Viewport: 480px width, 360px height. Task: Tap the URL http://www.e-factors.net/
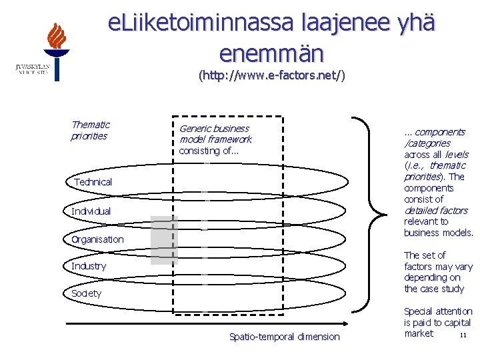(271, 76)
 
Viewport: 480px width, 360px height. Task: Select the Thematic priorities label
(90, 130)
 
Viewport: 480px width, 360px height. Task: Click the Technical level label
(93, 182)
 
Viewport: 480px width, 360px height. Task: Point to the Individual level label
(91, 211)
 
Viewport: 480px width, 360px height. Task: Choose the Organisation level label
(98, 239)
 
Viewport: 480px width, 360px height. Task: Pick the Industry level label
(89, 266)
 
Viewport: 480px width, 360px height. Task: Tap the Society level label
(87, 293)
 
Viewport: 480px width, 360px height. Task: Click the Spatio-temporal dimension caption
(284, 337)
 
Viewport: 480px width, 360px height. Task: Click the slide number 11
(462, 335)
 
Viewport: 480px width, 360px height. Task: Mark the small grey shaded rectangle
(163, 240)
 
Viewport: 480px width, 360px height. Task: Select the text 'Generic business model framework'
(215, 134)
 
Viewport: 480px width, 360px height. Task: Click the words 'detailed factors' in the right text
(436, 211)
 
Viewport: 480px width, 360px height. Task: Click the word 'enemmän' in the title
(271, 53)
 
